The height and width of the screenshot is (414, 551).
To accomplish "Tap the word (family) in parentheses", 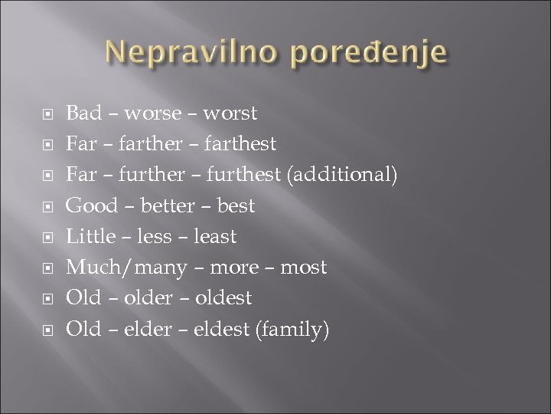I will (295, 328).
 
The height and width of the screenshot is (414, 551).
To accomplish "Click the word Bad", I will (83, 114).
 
